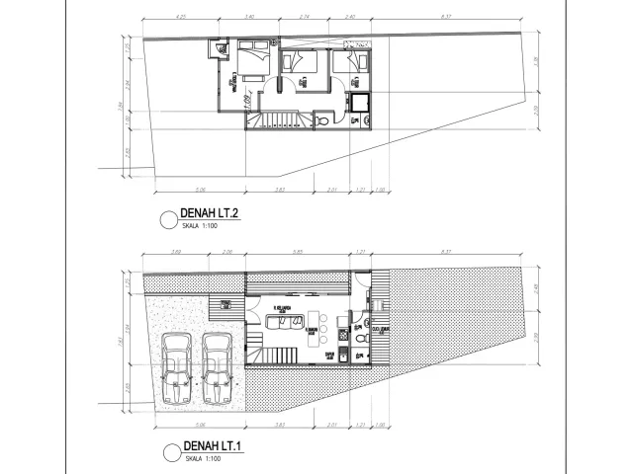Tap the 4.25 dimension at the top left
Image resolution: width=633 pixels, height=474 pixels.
click(180, 17)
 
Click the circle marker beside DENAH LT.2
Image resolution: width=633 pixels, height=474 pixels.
click(166, 218)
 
